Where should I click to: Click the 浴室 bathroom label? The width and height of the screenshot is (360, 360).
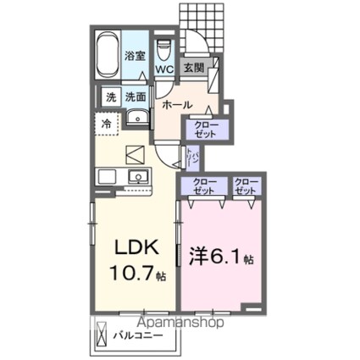134,55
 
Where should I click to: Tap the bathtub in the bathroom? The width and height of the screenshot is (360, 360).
107,56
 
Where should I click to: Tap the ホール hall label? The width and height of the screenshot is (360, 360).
177,104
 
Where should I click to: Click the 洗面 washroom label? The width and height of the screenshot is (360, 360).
136,97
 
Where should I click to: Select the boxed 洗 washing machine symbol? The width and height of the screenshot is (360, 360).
110,97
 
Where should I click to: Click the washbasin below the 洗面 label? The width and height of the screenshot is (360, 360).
136,119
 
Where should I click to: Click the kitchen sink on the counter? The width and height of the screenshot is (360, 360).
138,176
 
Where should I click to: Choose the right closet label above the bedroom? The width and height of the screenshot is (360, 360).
246,186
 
